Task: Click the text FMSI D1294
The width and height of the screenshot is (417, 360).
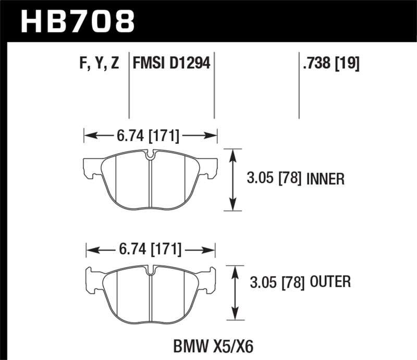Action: click(x=171, y=64)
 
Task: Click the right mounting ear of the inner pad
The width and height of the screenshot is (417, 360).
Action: click(x=209, y=168)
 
